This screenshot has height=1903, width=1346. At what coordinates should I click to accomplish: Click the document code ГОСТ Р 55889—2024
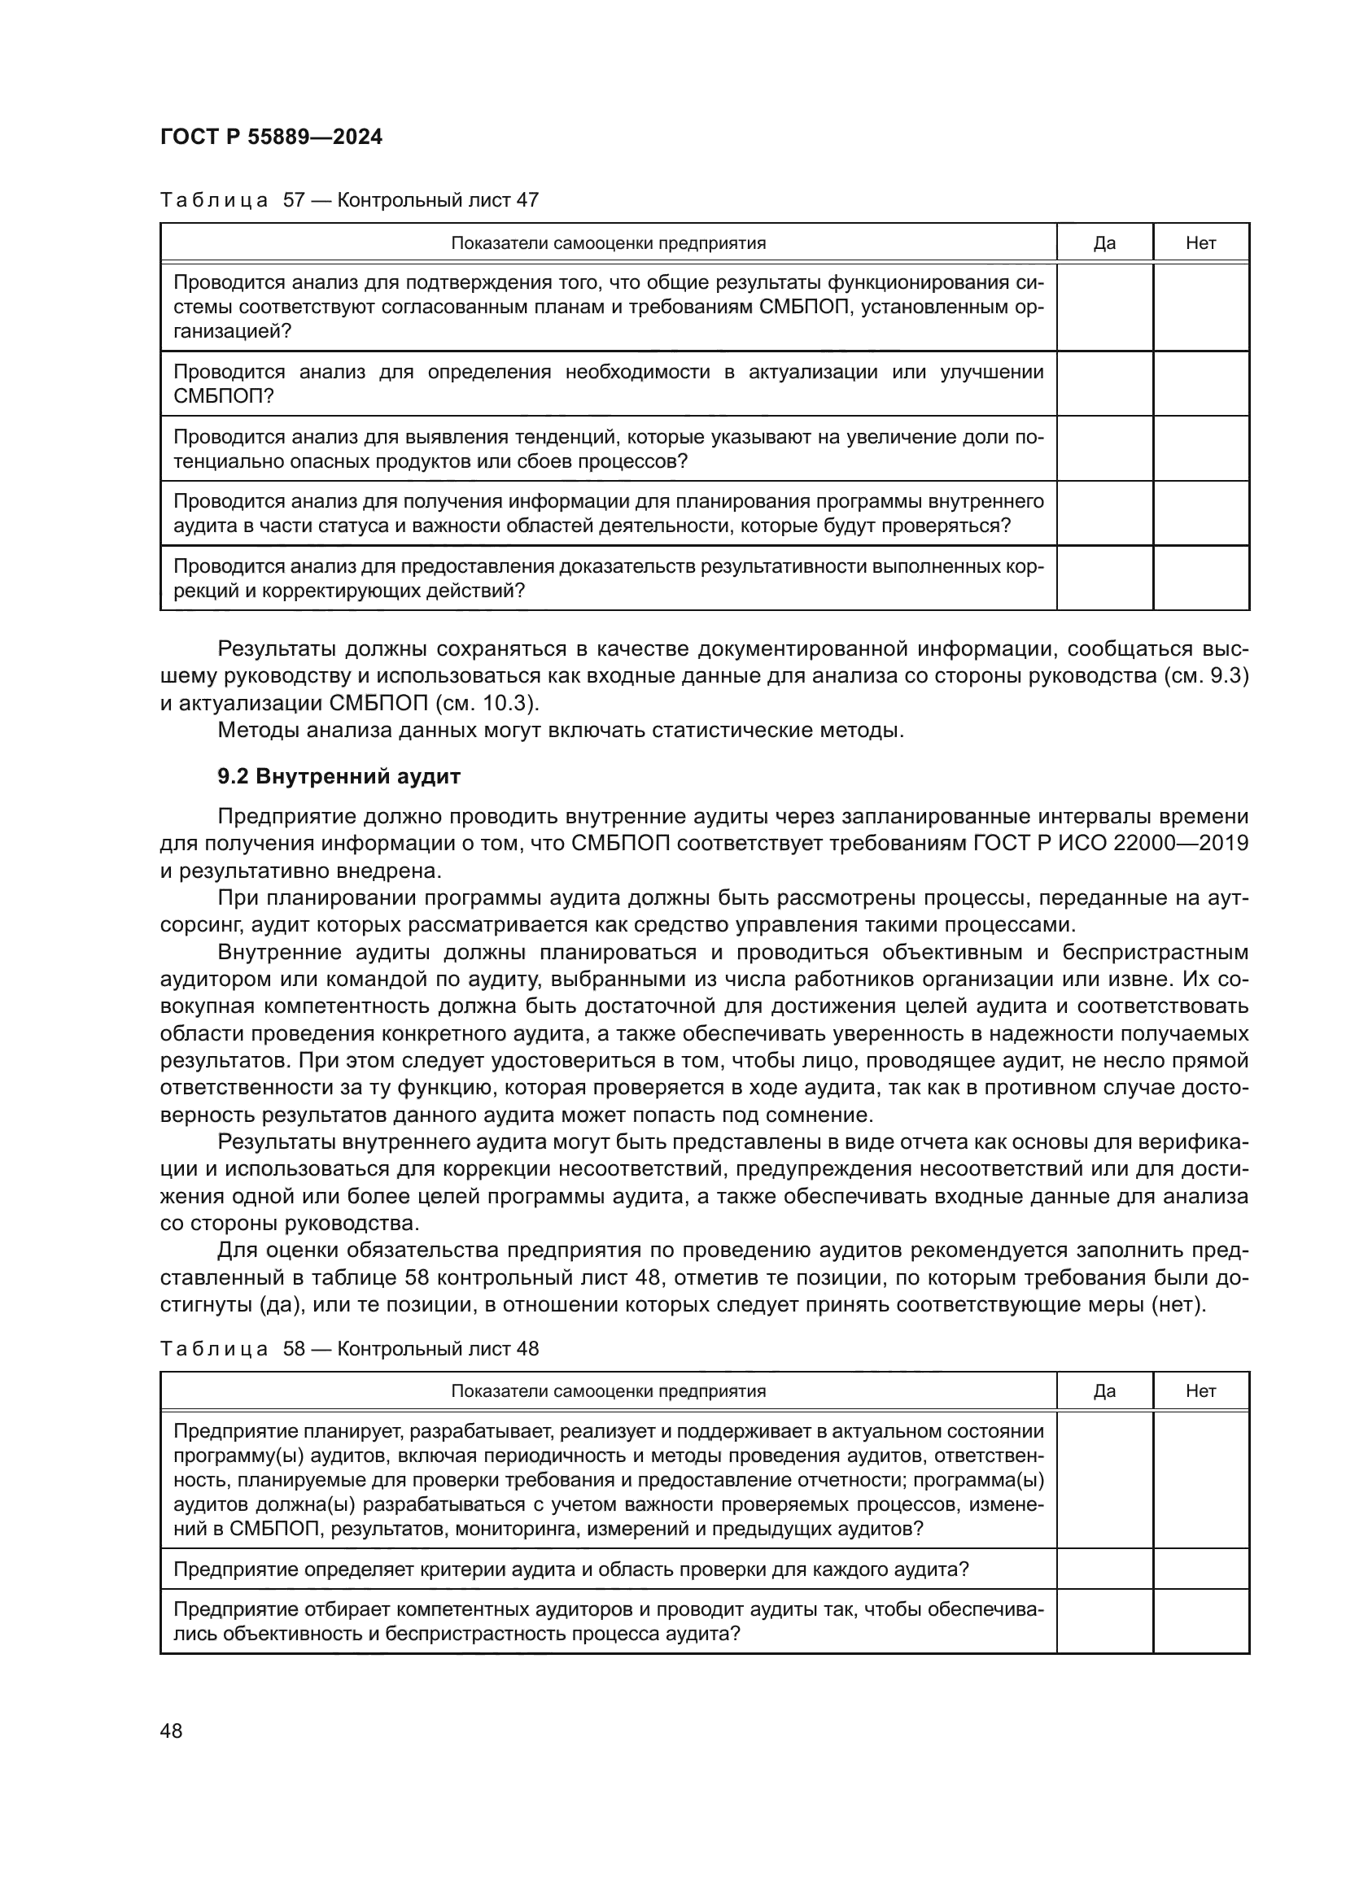click(271, 137)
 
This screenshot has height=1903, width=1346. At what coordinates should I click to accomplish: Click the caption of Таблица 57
click(349, 200)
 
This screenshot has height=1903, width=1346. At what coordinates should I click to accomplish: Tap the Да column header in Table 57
click(1104, 242)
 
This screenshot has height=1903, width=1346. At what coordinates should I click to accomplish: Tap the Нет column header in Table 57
click(1200, 242)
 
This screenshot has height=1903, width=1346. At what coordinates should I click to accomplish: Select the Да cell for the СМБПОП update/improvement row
click(1104, 383)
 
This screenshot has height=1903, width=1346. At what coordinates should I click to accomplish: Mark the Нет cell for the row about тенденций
click(1200, 448)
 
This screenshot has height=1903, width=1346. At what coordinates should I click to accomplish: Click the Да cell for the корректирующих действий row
click(1104, 578)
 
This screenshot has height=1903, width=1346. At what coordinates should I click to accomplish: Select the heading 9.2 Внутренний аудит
click(339, 777)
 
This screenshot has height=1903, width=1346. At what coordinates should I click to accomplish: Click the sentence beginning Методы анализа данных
click(560, 730)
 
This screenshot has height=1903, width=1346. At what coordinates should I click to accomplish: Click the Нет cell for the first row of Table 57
click(1200, 307)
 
